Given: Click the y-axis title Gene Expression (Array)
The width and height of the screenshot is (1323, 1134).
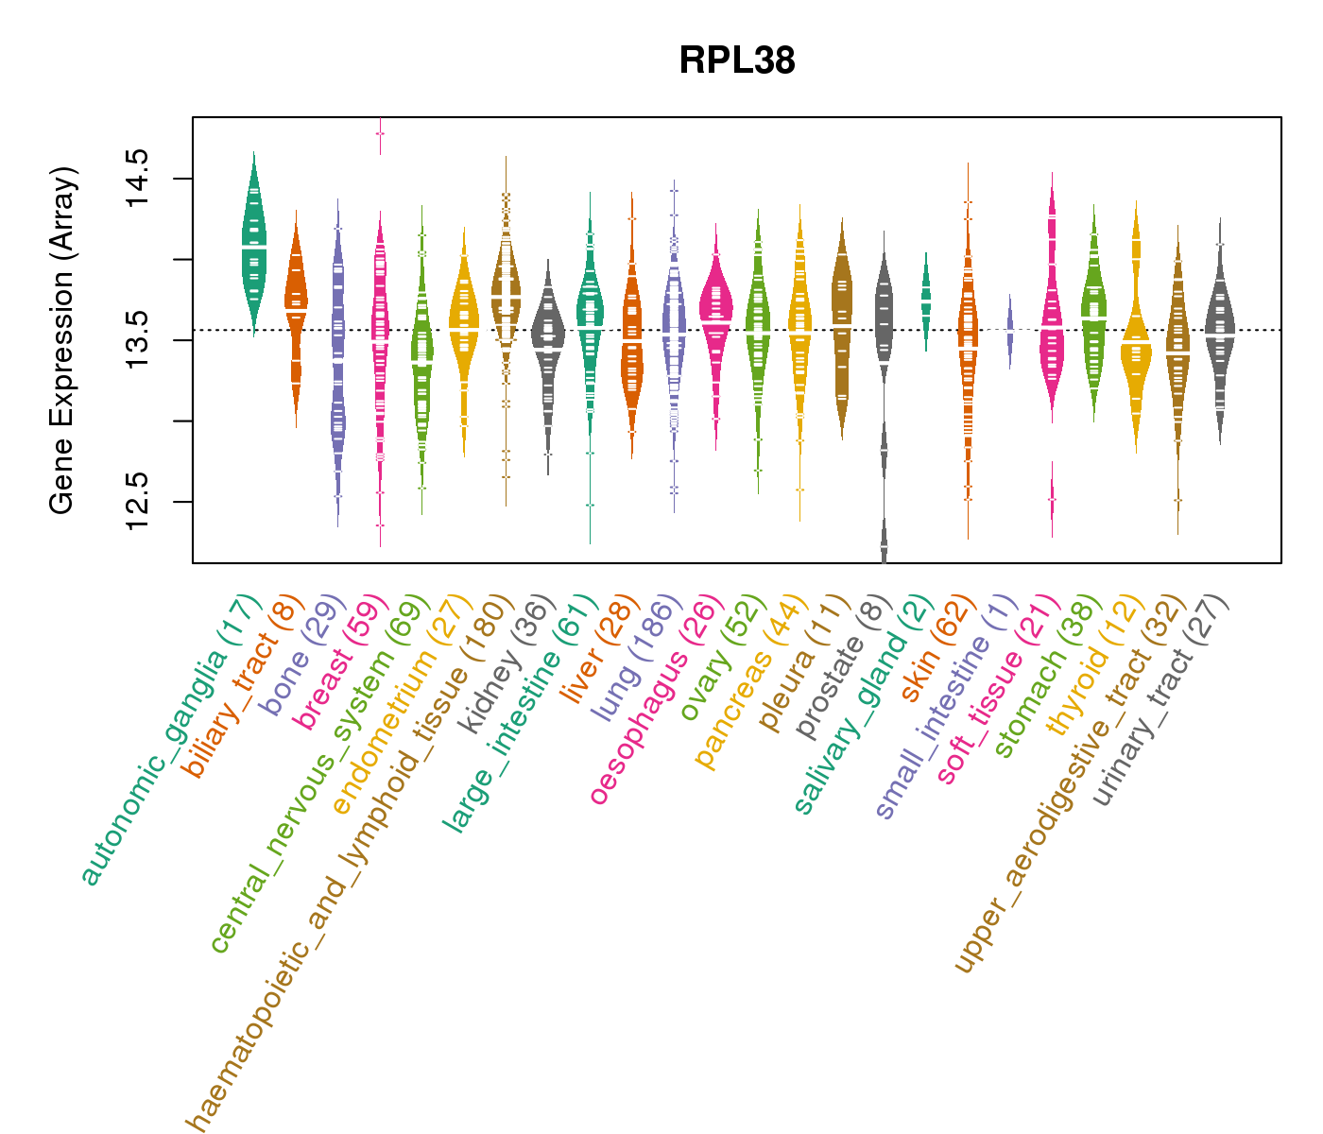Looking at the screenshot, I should tap(62, 340).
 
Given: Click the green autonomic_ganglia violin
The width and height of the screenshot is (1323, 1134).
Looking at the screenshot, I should tap(254, 246).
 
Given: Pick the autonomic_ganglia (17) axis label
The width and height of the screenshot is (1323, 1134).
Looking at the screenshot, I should tap(170, 742).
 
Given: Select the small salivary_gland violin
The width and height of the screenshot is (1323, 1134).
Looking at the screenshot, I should tap(926, 298).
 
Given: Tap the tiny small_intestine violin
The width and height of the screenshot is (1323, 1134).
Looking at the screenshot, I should tap(1010, 331).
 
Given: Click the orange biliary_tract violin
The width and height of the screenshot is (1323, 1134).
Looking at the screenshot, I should tap(296, 302).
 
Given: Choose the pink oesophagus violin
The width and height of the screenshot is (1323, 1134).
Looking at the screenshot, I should tap(715, 312).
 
